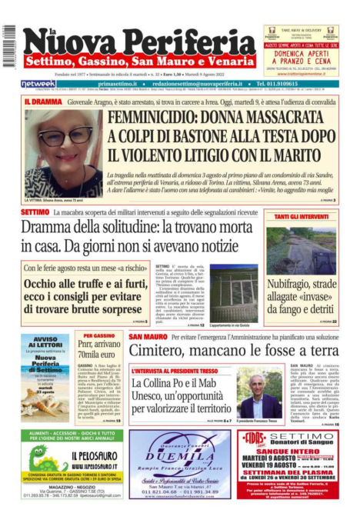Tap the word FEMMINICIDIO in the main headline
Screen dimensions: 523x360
tap(155, 118)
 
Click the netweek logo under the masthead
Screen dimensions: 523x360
tap(38, 84)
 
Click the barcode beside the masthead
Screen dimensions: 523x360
tap(9, 42)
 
